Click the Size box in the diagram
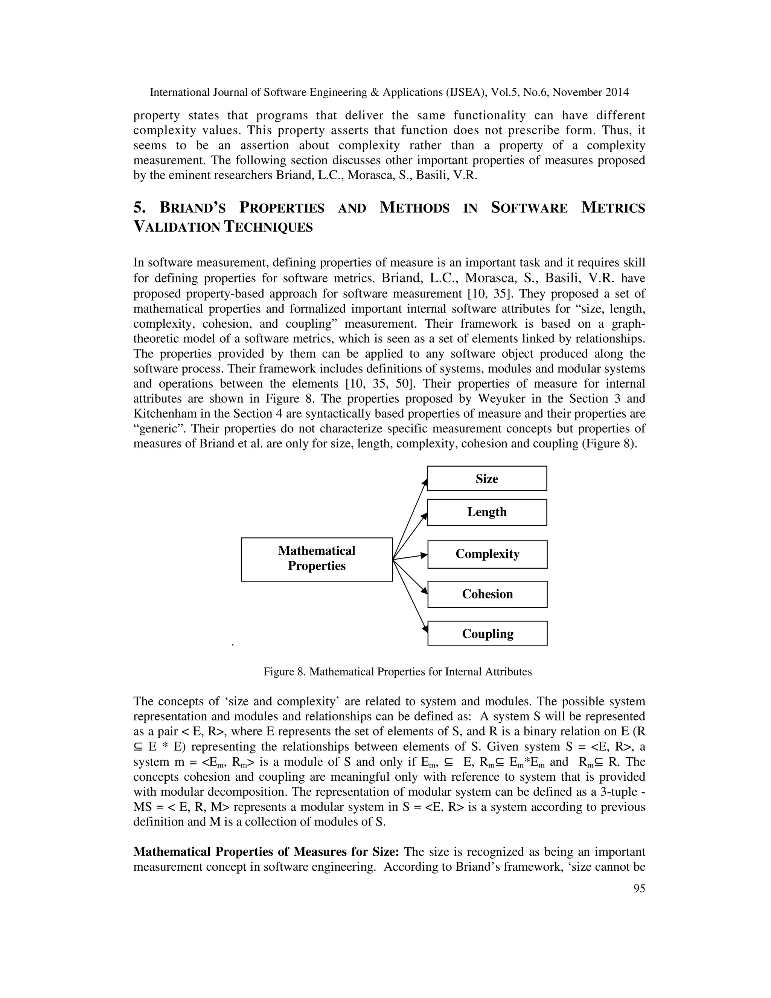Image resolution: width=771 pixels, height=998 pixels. coord(486,478)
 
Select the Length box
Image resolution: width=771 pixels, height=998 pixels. coord(486,512)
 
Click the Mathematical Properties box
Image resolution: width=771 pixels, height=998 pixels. coord(317,559)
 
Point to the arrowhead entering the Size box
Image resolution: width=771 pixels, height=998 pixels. coord(425,482)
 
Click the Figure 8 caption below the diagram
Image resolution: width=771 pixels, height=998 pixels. coord(398,672)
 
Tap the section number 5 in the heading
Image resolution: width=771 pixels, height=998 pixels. coord(139,208)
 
